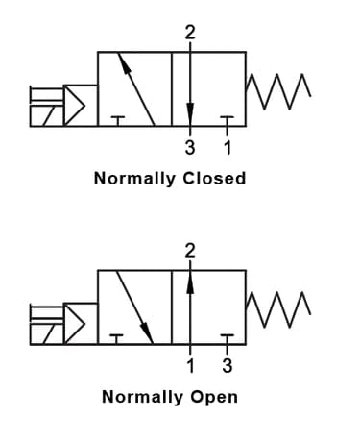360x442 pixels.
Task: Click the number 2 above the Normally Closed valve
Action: point(189,33)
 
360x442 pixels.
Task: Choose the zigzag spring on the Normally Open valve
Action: point(277,306)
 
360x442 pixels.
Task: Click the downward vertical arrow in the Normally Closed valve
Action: point(189,86)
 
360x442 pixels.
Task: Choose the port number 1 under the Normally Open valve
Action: point(189,365)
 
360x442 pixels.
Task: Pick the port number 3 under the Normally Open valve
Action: point(227,365)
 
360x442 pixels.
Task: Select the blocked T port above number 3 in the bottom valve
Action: point(227,337)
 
